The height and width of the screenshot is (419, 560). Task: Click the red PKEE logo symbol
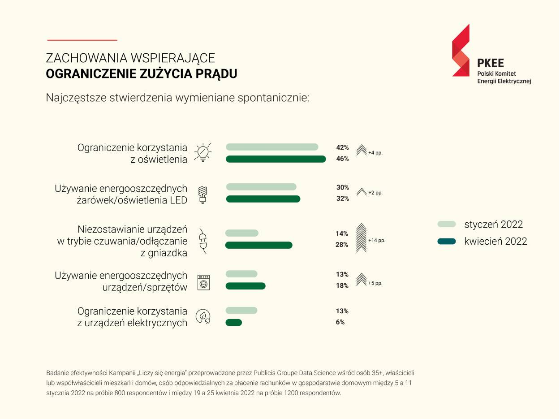pos(461,50)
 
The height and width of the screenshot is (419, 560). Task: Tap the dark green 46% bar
pos(276,159)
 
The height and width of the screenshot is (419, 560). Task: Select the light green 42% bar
pos(272,147)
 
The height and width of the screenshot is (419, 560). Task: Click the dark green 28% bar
pos(258,245)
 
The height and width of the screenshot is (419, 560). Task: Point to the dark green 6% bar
pos(233,322)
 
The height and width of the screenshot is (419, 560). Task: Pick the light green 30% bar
pos(261,187)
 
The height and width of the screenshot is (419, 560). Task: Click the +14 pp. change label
pos(376,241)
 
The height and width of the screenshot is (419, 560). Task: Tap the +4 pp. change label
pos(375,153)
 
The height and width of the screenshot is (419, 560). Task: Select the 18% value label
pos(342,286)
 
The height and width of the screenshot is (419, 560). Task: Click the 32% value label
pos(342,199)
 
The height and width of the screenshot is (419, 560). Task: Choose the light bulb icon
pos(202,153)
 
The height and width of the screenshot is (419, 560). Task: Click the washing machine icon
pos(203,282)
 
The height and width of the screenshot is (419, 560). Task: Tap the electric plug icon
pos(202,241)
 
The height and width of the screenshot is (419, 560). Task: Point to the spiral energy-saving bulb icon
pos(203,194)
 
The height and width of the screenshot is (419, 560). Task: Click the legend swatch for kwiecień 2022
pos(446,242)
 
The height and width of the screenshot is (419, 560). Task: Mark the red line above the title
pos(82,40)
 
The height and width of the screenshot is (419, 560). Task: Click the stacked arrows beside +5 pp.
pos(361,280)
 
